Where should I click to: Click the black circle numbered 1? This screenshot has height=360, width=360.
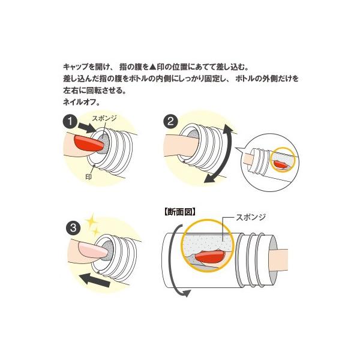point(72,122)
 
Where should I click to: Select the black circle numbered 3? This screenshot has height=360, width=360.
point(72,229)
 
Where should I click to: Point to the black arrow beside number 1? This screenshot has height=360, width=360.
point(86,128)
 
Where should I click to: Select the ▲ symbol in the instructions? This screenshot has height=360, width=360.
point(152,67)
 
